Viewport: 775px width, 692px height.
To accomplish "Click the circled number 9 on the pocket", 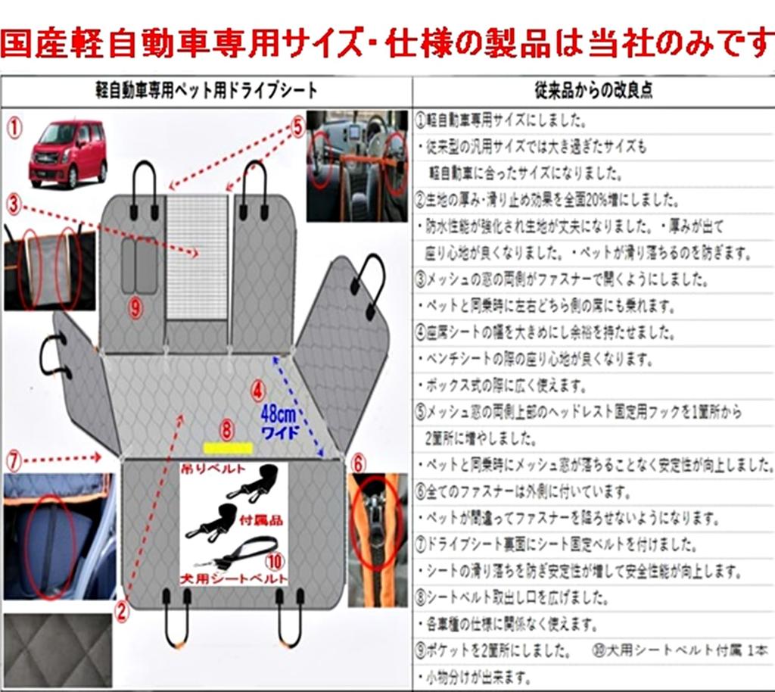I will (x=135, y=307).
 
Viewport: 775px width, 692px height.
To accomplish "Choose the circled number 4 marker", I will (x=259, y=391).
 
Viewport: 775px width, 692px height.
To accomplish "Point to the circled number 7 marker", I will (x=14, y=458).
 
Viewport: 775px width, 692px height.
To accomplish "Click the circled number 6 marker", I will (x=358, y=461).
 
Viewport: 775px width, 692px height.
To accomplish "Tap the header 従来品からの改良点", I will (x=594, y=90).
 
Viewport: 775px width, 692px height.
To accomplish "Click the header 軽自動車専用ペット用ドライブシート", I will (x=206, y=90).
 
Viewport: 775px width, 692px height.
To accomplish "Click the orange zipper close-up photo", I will (x=378, y=539).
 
